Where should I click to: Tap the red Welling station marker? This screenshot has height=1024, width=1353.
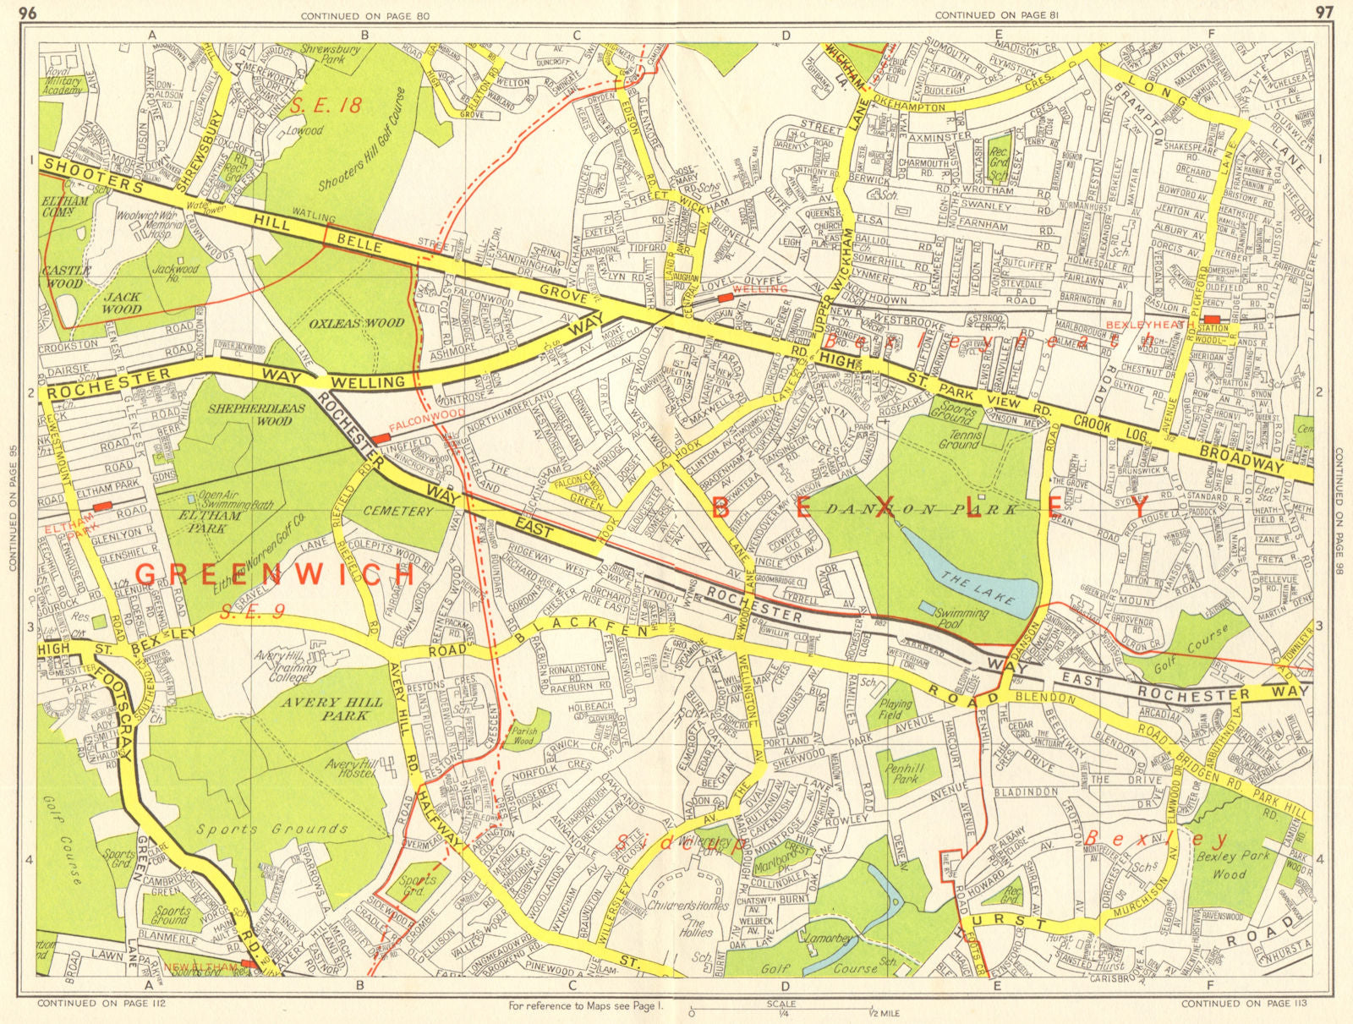[726, 298]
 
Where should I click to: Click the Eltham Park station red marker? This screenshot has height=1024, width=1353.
[102, 506]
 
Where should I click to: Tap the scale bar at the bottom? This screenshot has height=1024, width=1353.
[781, 1009]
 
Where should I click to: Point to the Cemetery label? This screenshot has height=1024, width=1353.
[397, 512]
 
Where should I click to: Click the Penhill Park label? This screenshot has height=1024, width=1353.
[906, 775]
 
